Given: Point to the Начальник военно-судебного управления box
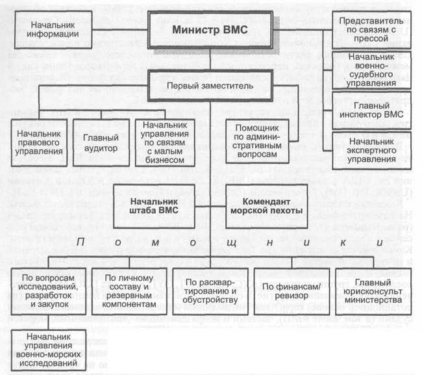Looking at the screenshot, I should coord(371,70).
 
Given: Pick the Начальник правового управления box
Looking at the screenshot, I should coord(35,144).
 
